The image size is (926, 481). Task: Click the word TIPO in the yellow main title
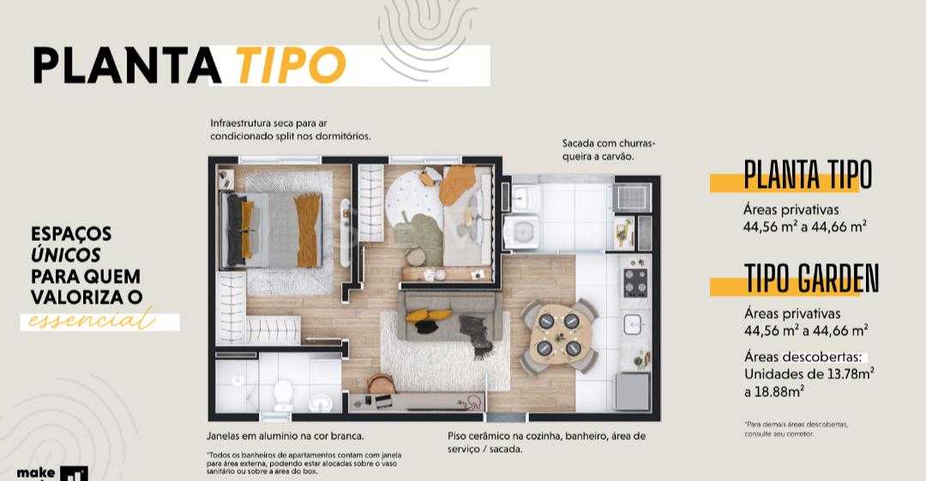(x=290, y=63)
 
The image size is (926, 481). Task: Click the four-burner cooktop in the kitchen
(x=635, y=282)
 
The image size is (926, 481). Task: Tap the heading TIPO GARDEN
(x=811, y=279)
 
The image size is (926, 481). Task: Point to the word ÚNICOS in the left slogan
(x=66, y=255)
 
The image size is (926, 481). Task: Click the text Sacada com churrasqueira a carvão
(x=614, y=150)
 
